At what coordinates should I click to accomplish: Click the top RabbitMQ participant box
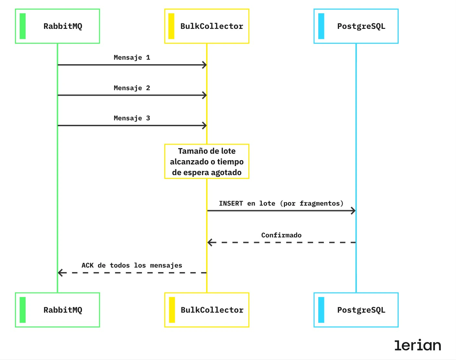click(x=57, y=26)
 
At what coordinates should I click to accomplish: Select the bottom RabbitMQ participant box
click(x=57, y=310)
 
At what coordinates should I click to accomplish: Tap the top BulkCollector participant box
click(x=207, y=26)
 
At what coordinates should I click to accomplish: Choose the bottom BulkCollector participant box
click(x=207, y=310)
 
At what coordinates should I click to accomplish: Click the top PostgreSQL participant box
click(x=356, y=26)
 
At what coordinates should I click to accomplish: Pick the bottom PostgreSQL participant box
click(x=356, y=310)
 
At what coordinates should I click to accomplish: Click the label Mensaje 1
click(x=132, y=58)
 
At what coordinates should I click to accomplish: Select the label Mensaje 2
click(x=132, y=88)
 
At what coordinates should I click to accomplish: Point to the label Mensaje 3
click(x=132, y=118)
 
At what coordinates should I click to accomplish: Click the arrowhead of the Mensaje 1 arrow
click(x=205, y=65)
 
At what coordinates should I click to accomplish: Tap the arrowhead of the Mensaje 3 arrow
click(x=205, y=126)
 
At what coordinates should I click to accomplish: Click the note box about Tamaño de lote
click(x=207, y=162)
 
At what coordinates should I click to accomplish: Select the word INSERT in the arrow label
click(x=231, y=204)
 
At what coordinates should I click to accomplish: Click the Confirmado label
click(x=281, y=235)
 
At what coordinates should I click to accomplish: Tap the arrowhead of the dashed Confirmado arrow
click(x=210, y=242)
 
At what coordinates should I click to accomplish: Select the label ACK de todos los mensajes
click(x=132, y=266)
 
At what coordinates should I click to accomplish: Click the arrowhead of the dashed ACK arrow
click(x=60, y=273)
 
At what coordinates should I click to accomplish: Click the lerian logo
click(x=417, y=345)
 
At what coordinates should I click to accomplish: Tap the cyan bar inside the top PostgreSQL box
click(x=321, y=26)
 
